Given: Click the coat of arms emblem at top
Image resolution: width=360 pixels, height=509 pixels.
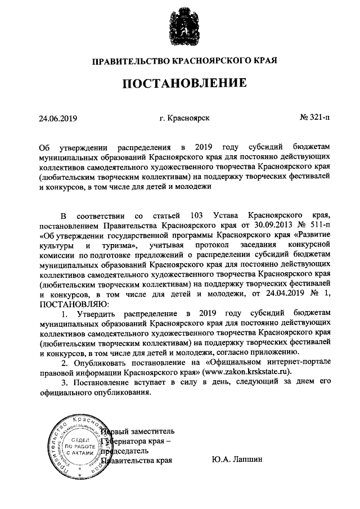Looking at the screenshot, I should point(179,27).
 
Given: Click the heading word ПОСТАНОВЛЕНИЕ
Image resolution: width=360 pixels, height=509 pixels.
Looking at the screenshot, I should point(179,83).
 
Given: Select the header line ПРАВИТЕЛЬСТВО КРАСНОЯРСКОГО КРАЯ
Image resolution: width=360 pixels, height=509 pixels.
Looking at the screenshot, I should point(179,60).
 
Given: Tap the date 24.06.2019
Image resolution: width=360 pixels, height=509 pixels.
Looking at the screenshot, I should point(57,118).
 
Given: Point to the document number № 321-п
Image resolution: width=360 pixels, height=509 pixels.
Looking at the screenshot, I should point(316,118).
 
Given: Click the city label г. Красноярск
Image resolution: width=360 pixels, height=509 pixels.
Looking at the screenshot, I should point(184,118).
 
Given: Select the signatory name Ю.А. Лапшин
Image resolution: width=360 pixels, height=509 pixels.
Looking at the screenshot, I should point(238,460).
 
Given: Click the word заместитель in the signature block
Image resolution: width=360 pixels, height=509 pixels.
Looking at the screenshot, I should point(153,431).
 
